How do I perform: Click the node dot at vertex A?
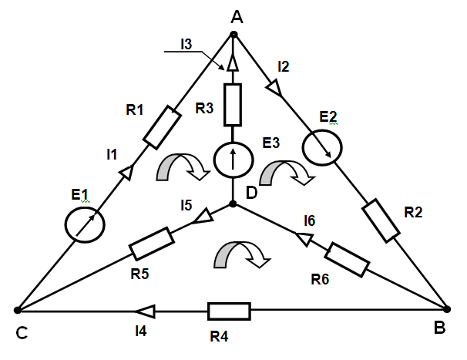234,34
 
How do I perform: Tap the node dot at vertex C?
17,310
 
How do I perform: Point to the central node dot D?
234,204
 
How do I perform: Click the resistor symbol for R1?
162,128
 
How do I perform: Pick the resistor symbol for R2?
381,219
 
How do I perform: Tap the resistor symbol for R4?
229,311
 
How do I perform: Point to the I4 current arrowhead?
143,311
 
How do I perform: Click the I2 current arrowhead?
277,89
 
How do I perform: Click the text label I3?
186,45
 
